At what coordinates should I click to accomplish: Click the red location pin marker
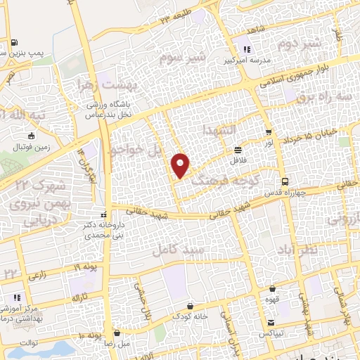[x=181, y=165]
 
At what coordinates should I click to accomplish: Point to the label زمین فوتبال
[x=29, y=149]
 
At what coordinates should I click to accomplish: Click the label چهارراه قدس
[x=285, y=193]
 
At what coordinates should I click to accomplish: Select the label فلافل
[x=239, y=160]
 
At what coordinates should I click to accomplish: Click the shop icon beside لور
[x=268, y=132]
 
